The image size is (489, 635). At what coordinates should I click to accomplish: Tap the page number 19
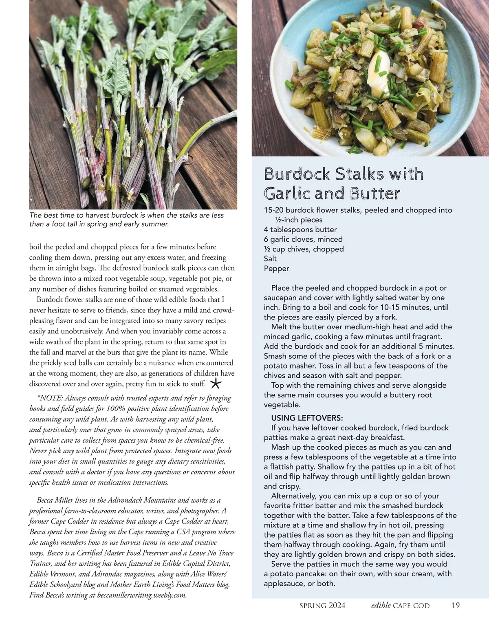pos(456,605)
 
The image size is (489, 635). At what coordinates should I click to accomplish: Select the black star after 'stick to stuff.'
pos(216,384)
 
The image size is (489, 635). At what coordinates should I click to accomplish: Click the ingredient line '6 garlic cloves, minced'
pos(303,239)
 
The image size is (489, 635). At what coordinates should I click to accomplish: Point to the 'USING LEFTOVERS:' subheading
pos(307,418)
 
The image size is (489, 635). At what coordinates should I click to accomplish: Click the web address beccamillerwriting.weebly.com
pos(142,595)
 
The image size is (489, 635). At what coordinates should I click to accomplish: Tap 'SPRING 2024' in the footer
pos(322,606)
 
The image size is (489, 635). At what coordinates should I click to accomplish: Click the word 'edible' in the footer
pos(381,605)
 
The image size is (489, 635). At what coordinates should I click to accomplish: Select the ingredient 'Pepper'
pos(276,269)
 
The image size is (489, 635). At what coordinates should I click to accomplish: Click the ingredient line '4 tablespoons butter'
pos(300,229)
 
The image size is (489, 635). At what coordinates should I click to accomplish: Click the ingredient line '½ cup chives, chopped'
pos(304,249)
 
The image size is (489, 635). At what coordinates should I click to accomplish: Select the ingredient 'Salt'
pos(270,259)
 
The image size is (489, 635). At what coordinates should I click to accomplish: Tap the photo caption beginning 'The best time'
pos(126,219)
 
